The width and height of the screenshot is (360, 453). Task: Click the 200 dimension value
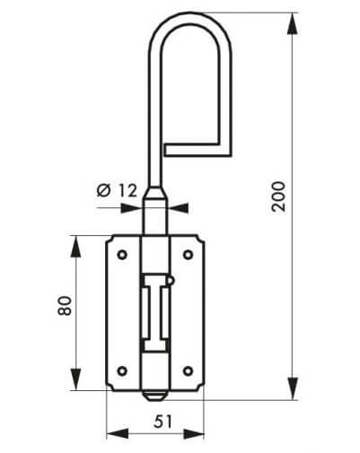[x=278, y=196]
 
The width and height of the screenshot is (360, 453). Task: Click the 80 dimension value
[x=65, y=306]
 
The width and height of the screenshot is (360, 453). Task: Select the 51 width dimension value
[x=163, y=422]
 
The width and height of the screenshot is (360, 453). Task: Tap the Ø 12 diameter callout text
[x=117, y=190]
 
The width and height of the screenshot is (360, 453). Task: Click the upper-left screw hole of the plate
[x=122, y=255]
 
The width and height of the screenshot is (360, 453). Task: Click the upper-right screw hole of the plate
[x=188, y=255]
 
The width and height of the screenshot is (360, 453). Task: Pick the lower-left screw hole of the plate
[x=122, y=371]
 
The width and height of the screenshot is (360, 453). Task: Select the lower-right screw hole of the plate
[x=188, y=371]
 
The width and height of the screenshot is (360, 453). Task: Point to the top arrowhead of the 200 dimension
[x=293, y=24]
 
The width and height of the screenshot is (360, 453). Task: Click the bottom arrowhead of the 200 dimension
[x=293, y=388]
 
